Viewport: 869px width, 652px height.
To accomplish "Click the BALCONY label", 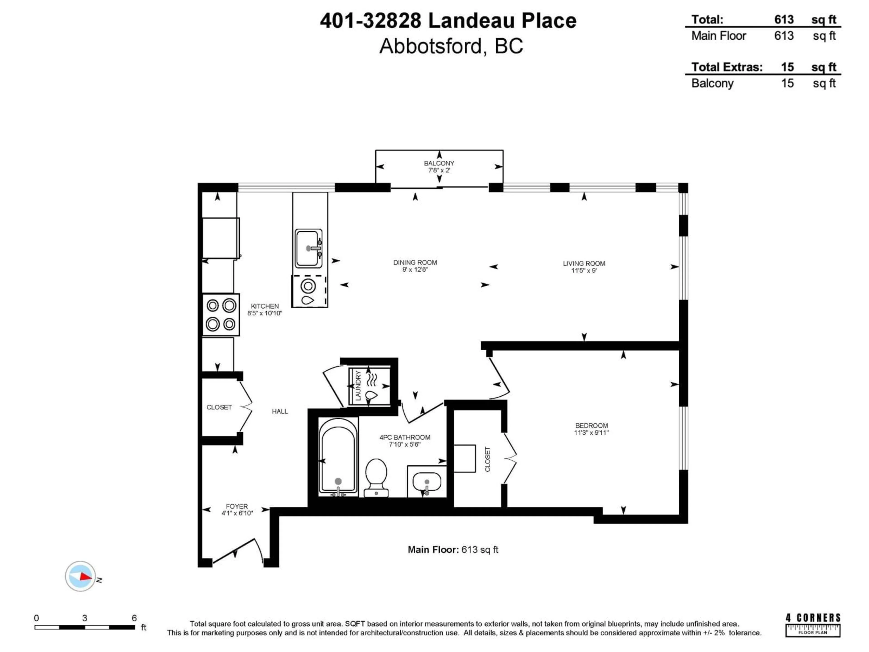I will click(x=439, y=163).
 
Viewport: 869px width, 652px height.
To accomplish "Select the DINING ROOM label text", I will click(x=415, y=263).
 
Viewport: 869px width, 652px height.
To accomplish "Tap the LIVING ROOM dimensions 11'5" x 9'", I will click(x=584, y=270).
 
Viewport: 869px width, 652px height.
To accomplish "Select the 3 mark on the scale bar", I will click(x=84, y=618).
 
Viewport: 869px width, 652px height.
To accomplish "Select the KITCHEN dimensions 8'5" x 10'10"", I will click(x=264, y=313).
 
